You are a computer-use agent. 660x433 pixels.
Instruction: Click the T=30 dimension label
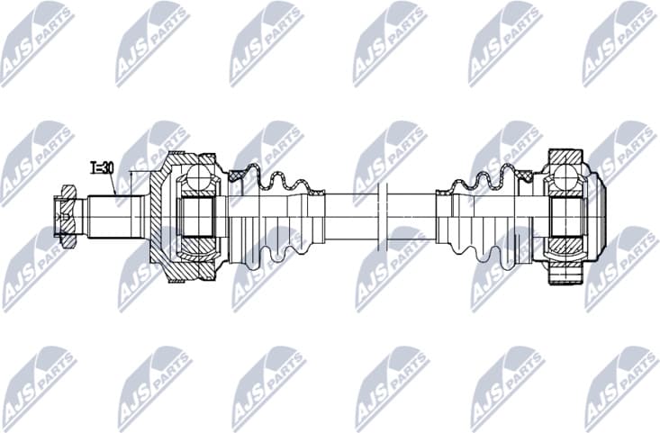pos(102,167)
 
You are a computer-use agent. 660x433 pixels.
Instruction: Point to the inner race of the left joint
pos(199,217)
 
